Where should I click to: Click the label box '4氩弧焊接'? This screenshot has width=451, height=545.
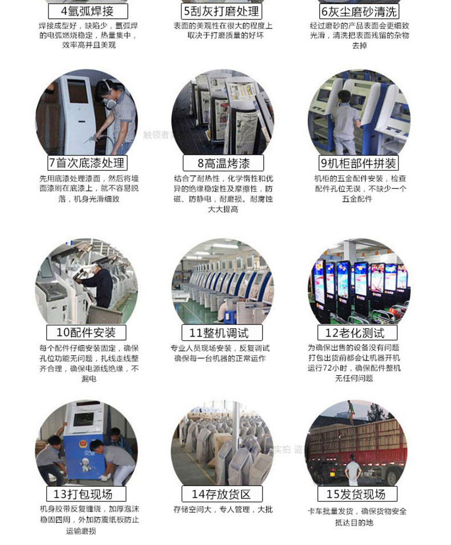[x=88, y=11]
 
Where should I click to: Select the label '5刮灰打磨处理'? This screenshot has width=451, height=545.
[x=222, y=11]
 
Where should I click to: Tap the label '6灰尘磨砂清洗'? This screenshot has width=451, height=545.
[x=359, y=11]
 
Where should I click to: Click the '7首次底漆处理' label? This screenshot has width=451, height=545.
[x=87, y=163]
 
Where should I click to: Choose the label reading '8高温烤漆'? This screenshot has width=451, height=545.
[x=223, y=163]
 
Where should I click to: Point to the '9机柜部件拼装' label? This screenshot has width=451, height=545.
[x=359, y=163]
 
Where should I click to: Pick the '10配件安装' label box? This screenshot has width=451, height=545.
[x=86, y=332]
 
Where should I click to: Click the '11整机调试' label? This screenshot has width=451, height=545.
[x=222, y=332]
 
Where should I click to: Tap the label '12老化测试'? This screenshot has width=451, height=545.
[x=357, y=332]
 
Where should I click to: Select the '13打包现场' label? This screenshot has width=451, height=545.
[x=86, y=494]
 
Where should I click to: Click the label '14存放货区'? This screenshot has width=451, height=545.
[x=222, y=494]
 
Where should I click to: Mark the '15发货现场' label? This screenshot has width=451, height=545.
[x=357, y=494]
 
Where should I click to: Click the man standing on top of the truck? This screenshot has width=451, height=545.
[x=352, y=412]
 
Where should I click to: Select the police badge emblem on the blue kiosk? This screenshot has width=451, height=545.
[x=83, y=444]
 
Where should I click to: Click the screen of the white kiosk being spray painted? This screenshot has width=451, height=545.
[x=77, y=91]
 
